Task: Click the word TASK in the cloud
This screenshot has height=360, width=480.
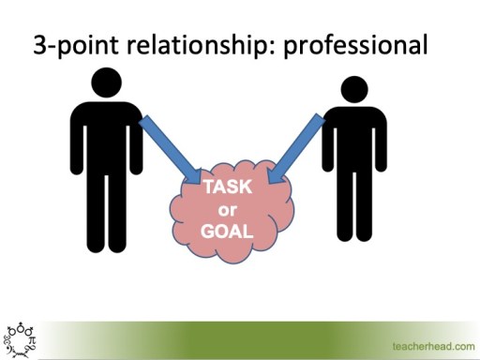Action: (228, 187)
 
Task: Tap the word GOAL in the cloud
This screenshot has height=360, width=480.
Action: (228, 227)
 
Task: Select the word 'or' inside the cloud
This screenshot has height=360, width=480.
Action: (228, 207)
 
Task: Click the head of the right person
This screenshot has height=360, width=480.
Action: (352, 91)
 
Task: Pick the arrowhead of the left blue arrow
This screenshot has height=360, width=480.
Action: (194, 175)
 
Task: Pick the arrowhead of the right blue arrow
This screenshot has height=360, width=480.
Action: (274, 176)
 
